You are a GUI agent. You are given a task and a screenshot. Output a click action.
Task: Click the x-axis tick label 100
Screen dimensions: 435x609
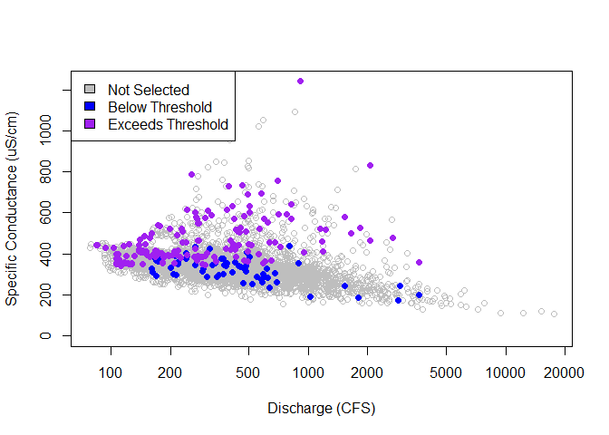click(x=111, y=372)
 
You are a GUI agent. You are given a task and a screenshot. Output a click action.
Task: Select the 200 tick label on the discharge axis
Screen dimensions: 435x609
click(x=170, y=372)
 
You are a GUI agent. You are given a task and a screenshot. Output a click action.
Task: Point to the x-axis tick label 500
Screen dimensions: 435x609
click(x=249, y=372)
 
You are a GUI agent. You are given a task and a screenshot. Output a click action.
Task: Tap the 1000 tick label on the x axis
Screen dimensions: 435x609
click(x=308, y=372)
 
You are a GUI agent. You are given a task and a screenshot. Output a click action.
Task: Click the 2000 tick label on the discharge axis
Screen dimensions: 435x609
click(x=368, y=372)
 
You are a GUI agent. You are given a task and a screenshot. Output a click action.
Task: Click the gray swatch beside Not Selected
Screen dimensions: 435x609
click(x=89, y=90)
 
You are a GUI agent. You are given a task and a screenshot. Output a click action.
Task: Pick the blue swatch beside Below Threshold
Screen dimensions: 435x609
click(x=89, y=107)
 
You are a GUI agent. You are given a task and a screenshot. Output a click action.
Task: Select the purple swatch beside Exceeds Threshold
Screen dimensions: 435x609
click(x=89, y=124)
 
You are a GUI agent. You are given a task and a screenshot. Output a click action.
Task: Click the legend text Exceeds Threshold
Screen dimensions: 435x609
click(x=168, y=124)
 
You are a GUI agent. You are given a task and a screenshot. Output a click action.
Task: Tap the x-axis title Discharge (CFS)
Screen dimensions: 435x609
click(x=321, y=409)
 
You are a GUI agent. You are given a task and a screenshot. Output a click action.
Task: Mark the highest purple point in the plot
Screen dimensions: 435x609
click(x=300, y=81)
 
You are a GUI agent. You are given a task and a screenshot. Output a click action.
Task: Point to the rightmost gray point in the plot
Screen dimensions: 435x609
click(x=554, y=314)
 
